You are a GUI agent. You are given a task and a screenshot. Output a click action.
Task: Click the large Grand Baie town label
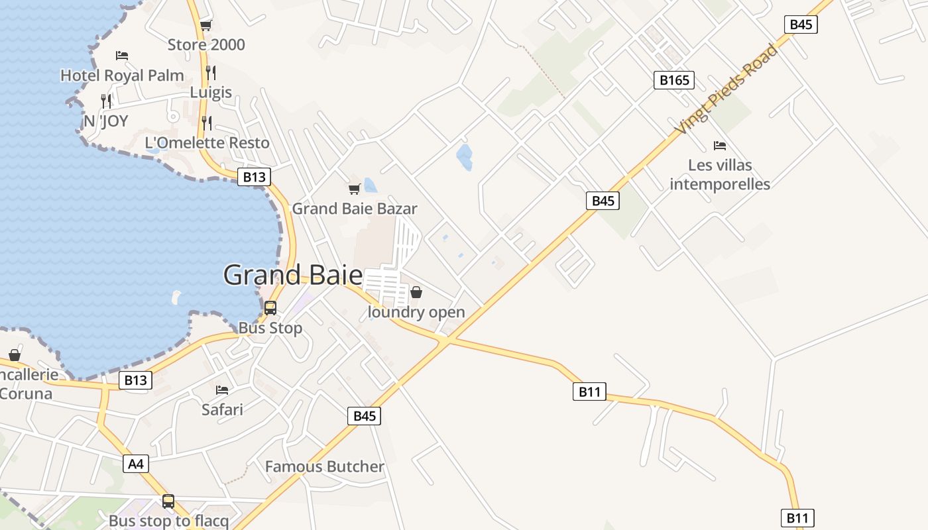coord(293,275)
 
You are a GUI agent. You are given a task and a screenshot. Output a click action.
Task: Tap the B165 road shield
coord(673,80)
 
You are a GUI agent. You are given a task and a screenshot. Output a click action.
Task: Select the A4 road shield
coord(135,464)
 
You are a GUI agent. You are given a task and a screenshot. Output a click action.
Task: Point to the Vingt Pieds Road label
coord(726,89)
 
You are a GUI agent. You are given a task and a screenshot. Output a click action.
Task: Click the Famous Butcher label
coord(324,466)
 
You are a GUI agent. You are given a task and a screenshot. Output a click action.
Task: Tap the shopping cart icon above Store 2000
coord(205,26)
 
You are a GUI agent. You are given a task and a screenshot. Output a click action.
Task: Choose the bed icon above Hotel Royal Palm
coord(122,56)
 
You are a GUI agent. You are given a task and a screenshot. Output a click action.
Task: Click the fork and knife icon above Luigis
coord(211,72)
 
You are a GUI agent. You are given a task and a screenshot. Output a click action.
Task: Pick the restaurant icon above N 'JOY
coord(106,101)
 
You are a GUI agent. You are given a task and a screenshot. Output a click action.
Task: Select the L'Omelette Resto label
coord(207,142)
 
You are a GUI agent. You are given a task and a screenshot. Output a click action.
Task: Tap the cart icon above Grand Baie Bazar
coord(355,189)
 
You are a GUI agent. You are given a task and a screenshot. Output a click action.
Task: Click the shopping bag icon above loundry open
coord(416,292)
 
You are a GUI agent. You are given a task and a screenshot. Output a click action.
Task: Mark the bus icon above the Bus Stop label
coord(270,308)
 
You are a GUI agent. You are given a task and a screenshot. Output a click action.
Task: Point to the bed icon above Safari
coord(222,390)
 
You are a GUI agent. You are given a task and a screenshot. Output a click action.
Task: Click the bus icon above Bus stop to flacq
coord(168,502)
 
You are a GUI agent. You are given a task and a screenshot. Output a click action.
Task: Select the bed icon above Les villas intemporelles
coord(720,146)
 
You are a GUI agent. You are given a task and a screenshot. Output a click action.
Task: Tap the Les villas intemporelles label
coord(720,174)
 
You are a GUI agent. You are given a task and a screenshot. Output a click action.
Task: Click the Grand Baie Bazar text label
coord(355,209)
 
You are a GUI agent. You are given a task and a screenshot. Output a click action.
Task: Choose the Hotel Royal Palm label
coord(122,76)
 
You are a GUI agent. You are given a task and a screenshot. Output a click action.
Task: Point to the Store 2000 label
coord(206,45)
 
